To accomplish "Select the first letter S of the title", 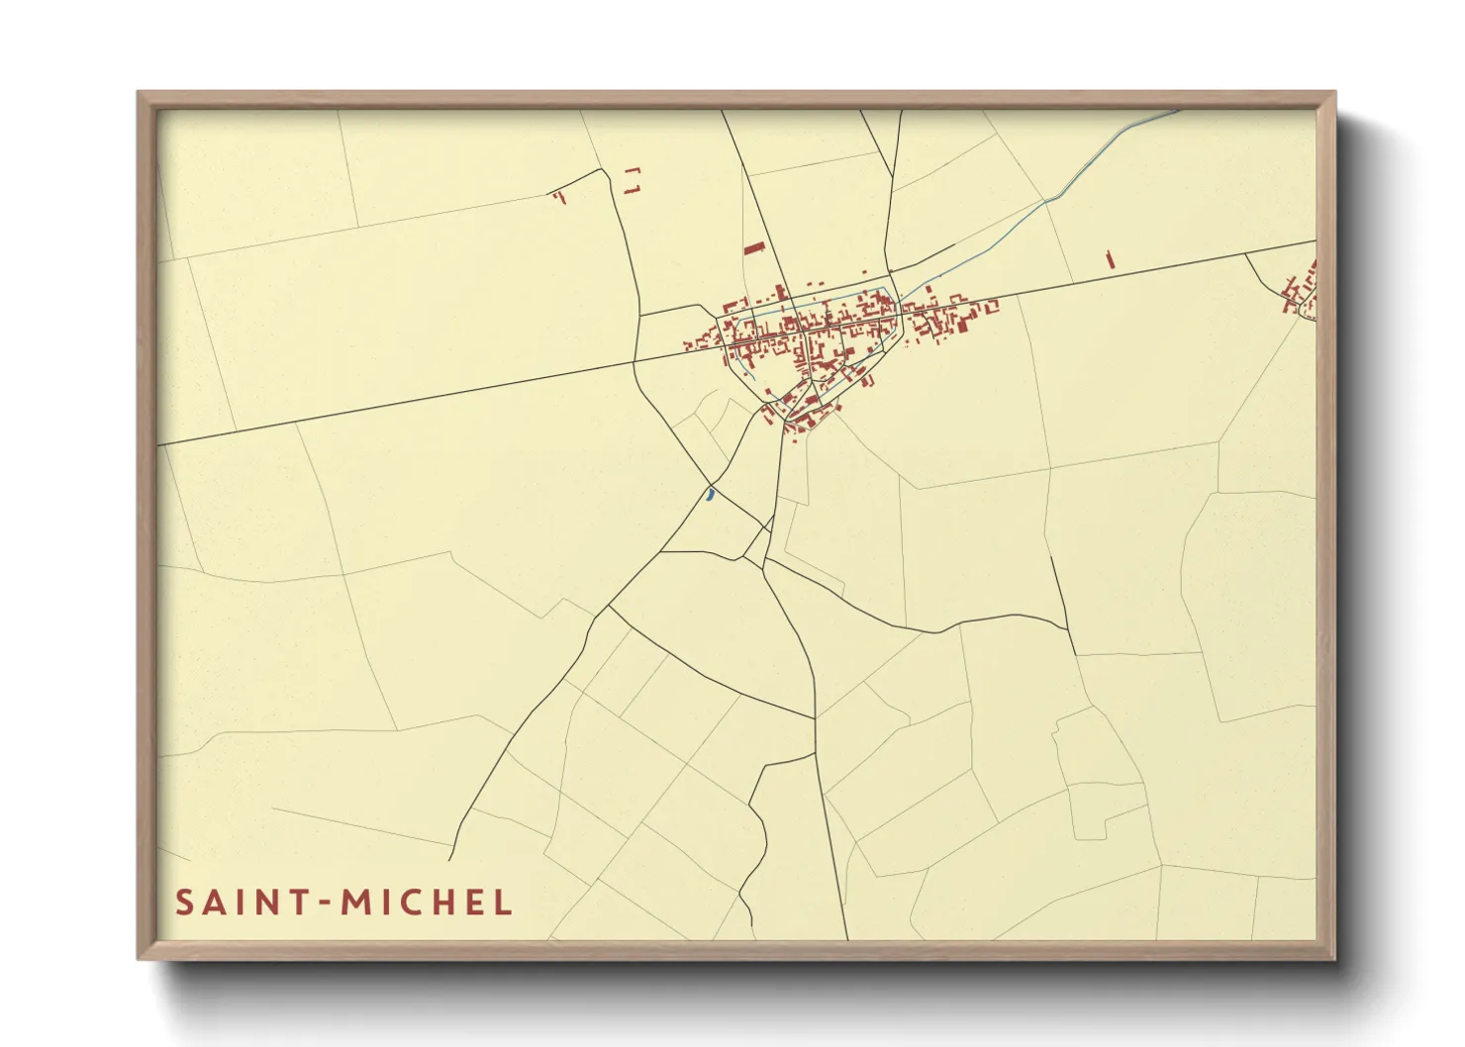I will pos(184,903).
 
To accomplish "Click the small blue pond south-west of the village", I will pos(710,493).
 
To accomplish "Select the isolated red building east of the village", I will pos(1110,258).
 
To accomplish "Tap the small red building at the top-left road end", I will pos(558,196).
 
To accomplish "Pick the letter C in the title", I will pos(409,903).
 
